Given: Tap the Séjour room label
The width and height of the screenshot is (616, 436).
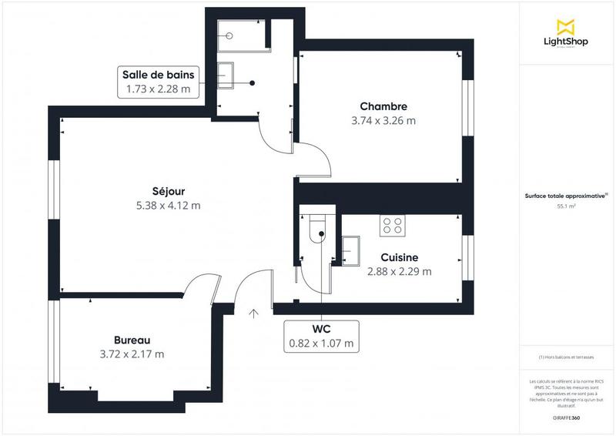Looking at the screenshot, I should point(168,191).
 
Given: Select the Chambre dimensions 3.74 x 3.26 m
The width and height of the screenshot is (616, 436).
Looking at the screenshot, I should point(383,121).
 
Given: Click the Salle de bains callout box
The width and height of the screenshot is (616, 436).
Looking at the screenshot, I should point(159,82).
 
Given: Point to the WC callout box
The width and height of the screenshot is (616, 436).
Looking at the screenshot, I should point(321,336).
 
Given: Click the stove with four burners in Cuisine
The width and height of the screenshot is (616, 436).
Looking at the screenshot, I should point(392,224).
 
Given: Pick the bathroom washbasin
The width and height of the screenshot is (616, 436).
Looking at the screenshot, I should point(228,74).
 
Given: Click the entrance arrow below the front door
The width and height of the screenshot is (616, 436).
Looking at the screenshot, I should point(254,313).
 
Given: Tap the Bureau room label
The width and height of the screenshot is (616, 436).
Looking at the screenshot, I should point(132,340).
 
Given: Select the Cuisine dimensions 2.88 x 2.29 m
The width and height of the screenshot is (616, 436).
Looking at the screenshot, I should point(399,271).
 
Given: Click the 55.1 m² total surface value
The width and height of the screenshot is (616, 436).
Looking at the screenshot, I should point(566,206).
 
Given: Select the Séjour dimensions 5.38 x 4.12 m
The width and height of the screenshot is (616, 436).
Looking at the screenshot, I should point(168,205).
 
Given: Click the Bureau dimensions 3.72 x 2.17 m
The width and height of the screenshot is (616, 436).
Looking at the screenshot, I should point(132,354).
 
